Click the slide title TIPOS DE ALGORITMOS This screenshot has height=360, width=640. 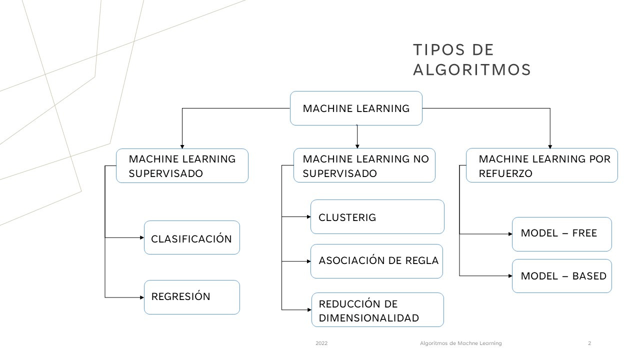tap(471, 60)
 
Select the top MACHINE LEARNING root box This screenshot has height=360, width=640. tap(356, 108)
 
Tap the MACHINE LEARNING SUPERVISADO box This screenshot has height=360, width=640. tap(182, 166)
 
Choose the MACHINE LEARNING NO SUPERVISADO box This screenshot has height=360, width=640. tap(364, 166)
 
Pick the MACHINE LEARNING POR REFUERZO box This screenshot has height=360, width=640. tap(541, 166)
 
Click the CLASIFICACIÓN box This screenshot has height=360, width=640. tap(191, 238)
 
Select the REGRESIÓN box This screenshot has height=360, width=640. tap(191, 297)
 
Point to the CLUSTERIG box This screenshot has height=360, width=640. tap(377, 217)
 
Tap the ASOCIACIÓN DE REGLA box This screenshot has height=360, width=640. tap(376, 261)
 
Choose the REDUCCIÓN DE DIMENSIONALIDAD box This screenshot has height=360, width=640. tap(377, 310)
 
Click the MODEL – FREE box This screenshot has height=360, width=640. tap(561, 234)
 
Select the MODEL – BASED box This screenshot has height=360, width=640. tap(561, 276)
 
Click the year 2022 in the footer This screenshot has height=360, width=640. tap(321, 343)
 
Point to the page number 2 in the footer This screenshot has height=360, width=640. tap(589, 343)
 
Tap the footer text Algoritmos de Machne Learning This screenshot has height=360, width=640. tap(460, 343)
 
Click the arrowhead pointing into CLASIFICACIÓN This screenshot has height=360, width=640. tap(141, 238)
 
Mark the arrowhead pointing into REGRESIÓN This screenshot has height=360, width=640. tap(141, 297)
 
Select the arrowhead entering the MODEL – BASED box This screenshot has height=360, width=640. tap(509, 276)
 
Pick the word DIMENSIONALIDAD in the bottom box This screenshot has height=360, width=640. tap(368, 318)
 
